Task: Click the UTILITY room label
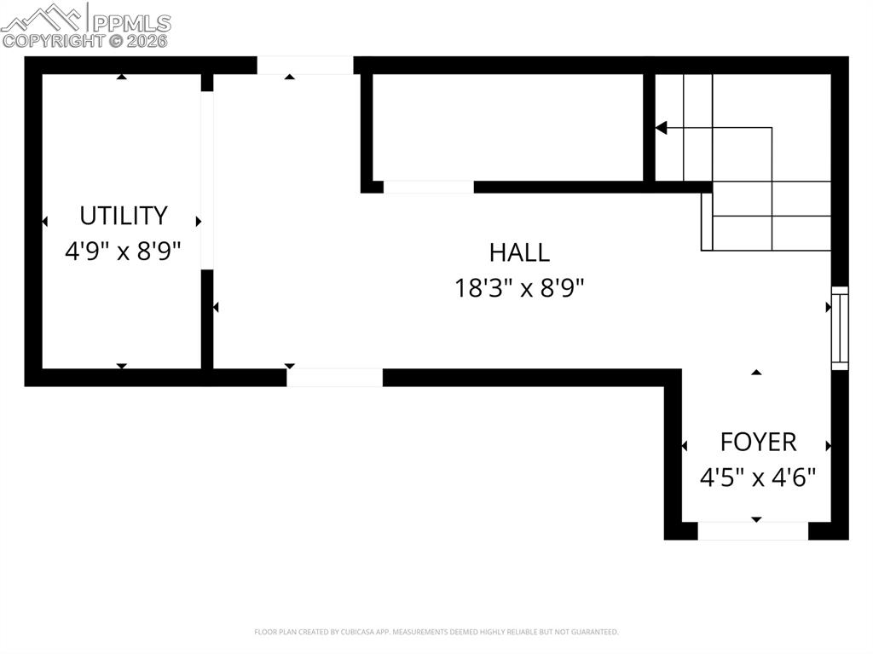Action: [x=124, y=215]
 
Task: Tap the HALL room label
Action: [x=519, y=252]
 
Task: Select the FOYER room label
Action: [x=758, y=442]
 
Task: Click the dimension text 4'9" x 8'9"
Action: [x=124, y=252]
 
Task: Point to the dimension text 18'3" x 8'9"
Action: [x=519, y=288]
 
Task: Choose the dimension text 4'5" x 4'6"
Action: [x=758, y=477]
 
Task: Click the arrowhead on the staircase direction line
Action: [x=661, y=128]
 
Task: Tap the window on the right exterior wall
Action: [x=840, y=327]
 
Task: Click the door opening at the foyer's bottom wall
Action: [x=753, y=531]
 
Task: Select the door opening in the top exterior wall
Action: [x=305, y=66]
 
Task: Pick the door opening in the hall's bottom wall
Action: [x=334, y=378]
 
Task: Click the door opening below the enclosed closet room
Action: [x=428, y=187]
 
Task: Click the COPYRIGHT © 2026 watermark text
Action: [x=85, y=40]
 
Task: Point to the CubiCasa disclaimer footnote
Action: [x=436, y=632]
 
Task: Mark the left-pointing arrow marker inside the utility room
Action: [x=44, y=222]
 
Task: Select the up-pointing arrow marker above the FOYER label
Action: [x=756, y=373]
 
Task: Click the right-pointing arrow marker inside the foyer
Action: [x=828, y=446]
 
